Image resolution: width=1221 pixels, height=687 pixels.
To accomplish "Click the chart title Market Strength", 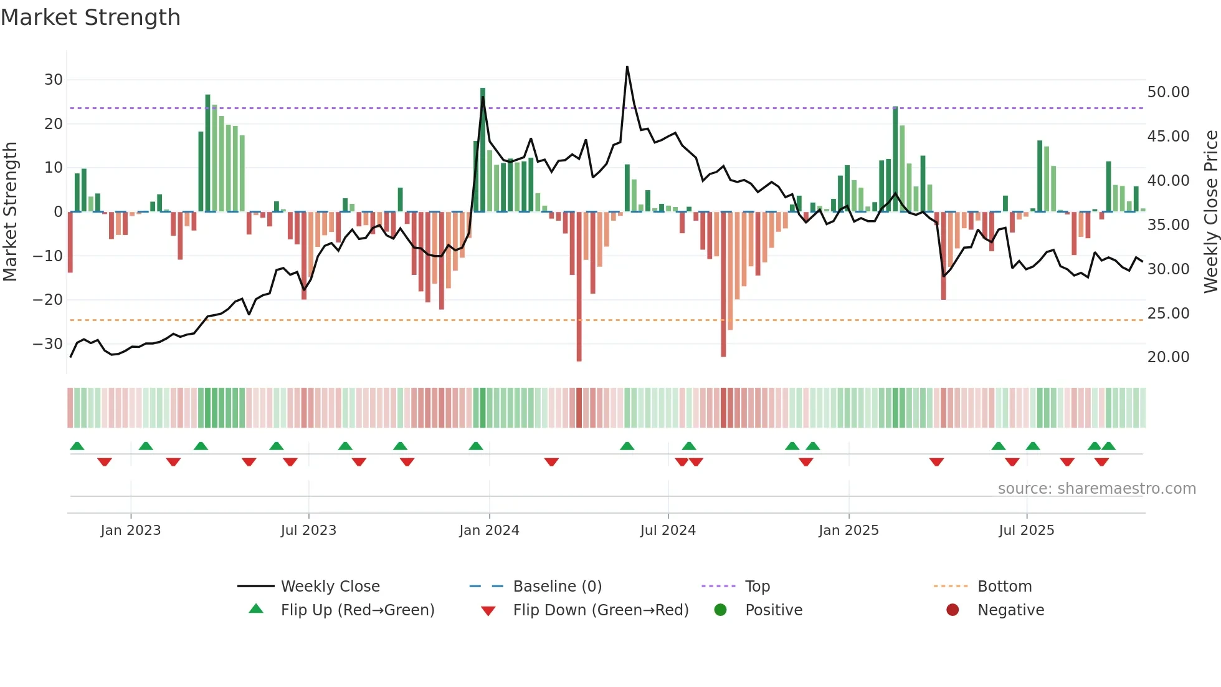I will click(x=90, y=17).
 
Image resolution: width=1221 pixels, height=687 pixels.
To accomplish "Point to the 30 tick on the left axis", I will click(x=54, y=80).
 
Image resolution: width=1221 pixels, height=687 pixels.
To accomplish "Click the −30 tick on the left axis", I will click(x=49, y=343).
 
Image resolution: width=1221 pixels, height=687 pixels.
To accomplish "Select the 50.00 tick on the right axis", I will click(x=1168, y=92).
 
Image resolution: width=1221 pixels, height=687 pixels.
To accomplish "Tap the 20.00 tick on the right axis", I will click(x=1168, y=357).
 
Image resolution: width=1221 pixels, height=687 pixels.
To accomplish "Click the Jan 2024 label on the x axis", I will click(x=489, y=531).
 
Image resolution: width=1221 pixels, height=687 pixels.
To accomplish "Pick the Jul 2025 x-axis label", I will click(x=1026, y=531).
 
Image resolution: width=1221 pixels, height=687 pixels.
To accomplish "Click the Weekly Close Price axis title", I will click(x=1210, y=212).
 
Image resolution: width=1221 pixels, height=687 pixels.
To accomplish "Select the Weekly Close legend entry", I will click(x=330, y=587).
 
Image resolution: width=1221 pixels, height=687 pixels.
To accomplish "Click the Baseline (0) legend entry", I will click(x=557, y=587).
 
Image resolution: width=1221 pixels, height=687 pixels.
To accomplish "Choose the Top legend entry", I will click(x=757, y=587).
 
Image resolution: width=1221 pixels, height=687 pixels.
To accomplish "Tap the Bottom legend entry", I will click(x=1004, y=587).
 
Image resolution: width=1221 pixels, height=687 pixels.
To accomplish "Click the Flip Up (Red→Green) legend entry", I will click(x=357, y=610).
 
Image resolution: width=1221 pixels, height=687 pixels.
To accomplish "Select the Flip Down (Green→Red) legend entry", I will click(x=600, y=610).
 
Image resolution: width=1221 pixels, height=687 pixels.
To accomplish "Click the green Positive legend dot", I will click(x=721, y=610).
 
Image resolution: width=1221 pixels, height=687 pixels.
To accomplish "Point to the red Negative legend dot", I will click(x=953, y=610).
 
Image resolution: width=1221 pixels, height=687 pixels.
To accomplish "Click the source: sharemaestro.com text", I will click(x=1096, y=489).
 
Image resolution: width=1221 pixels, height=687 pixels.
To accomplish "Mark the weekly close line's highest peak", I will click(x=627, y=67).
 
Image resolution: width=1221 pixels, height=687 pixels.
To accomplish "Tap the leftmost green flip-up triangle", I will click(x=77, y=446).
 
